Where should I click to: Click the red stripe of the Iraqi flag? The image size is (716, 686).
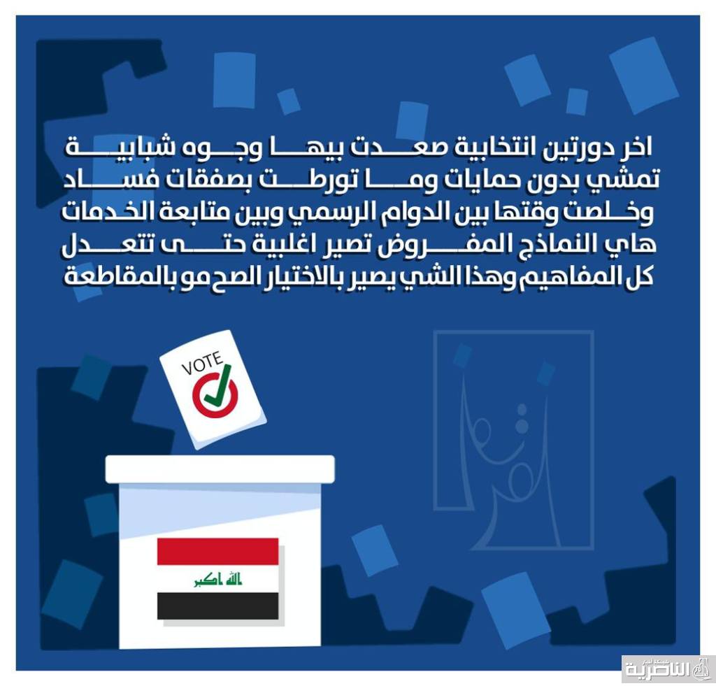pyautogui.click(x=218, y=551)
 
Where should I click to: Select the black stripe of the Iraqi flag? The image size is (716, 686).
pyautogui.click(x=218, y=606)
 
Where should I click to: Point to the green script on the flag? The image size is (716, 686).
pyautogui.click(x=218, y=580)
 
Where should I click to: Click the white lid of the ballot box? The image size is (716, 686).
pyautogui.click(x=220, y=469)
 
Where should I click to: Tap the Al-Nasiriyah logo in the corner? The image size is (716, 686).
pyautogui.click(x=668, y=669)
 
